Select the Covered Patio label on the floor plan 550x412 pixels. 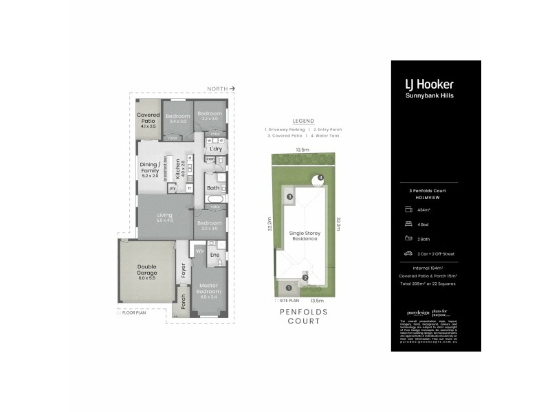point(148,120)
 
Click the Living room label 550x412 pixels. point(164,218)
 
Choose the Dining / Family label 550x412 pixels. point(151,169)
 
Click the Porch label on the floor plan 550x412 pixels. point(183,302)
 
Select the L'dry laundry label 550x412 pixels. point(216,149)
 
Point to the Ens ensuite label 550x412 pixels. point(214,255)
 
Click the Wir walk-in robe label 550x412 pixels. point(199,251)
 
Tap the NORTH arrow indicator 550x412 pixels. point(222,89)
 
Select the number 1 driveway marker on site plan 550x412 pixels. point(289,288)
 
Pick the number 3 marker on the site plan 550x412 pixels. point(289,197)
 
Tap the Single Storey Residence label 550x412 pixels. point(305,236)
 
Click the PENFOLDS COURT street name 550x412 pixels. point(303,316)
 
